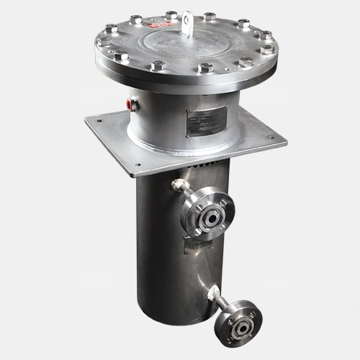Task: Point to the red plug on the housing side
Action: click(130, 103)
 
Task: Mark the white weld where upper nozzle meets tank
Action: click(176, 185)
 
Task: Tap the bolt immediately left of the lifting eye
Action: click(171, 14)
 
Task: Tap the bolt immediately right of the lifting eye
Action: click(210, 17)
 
